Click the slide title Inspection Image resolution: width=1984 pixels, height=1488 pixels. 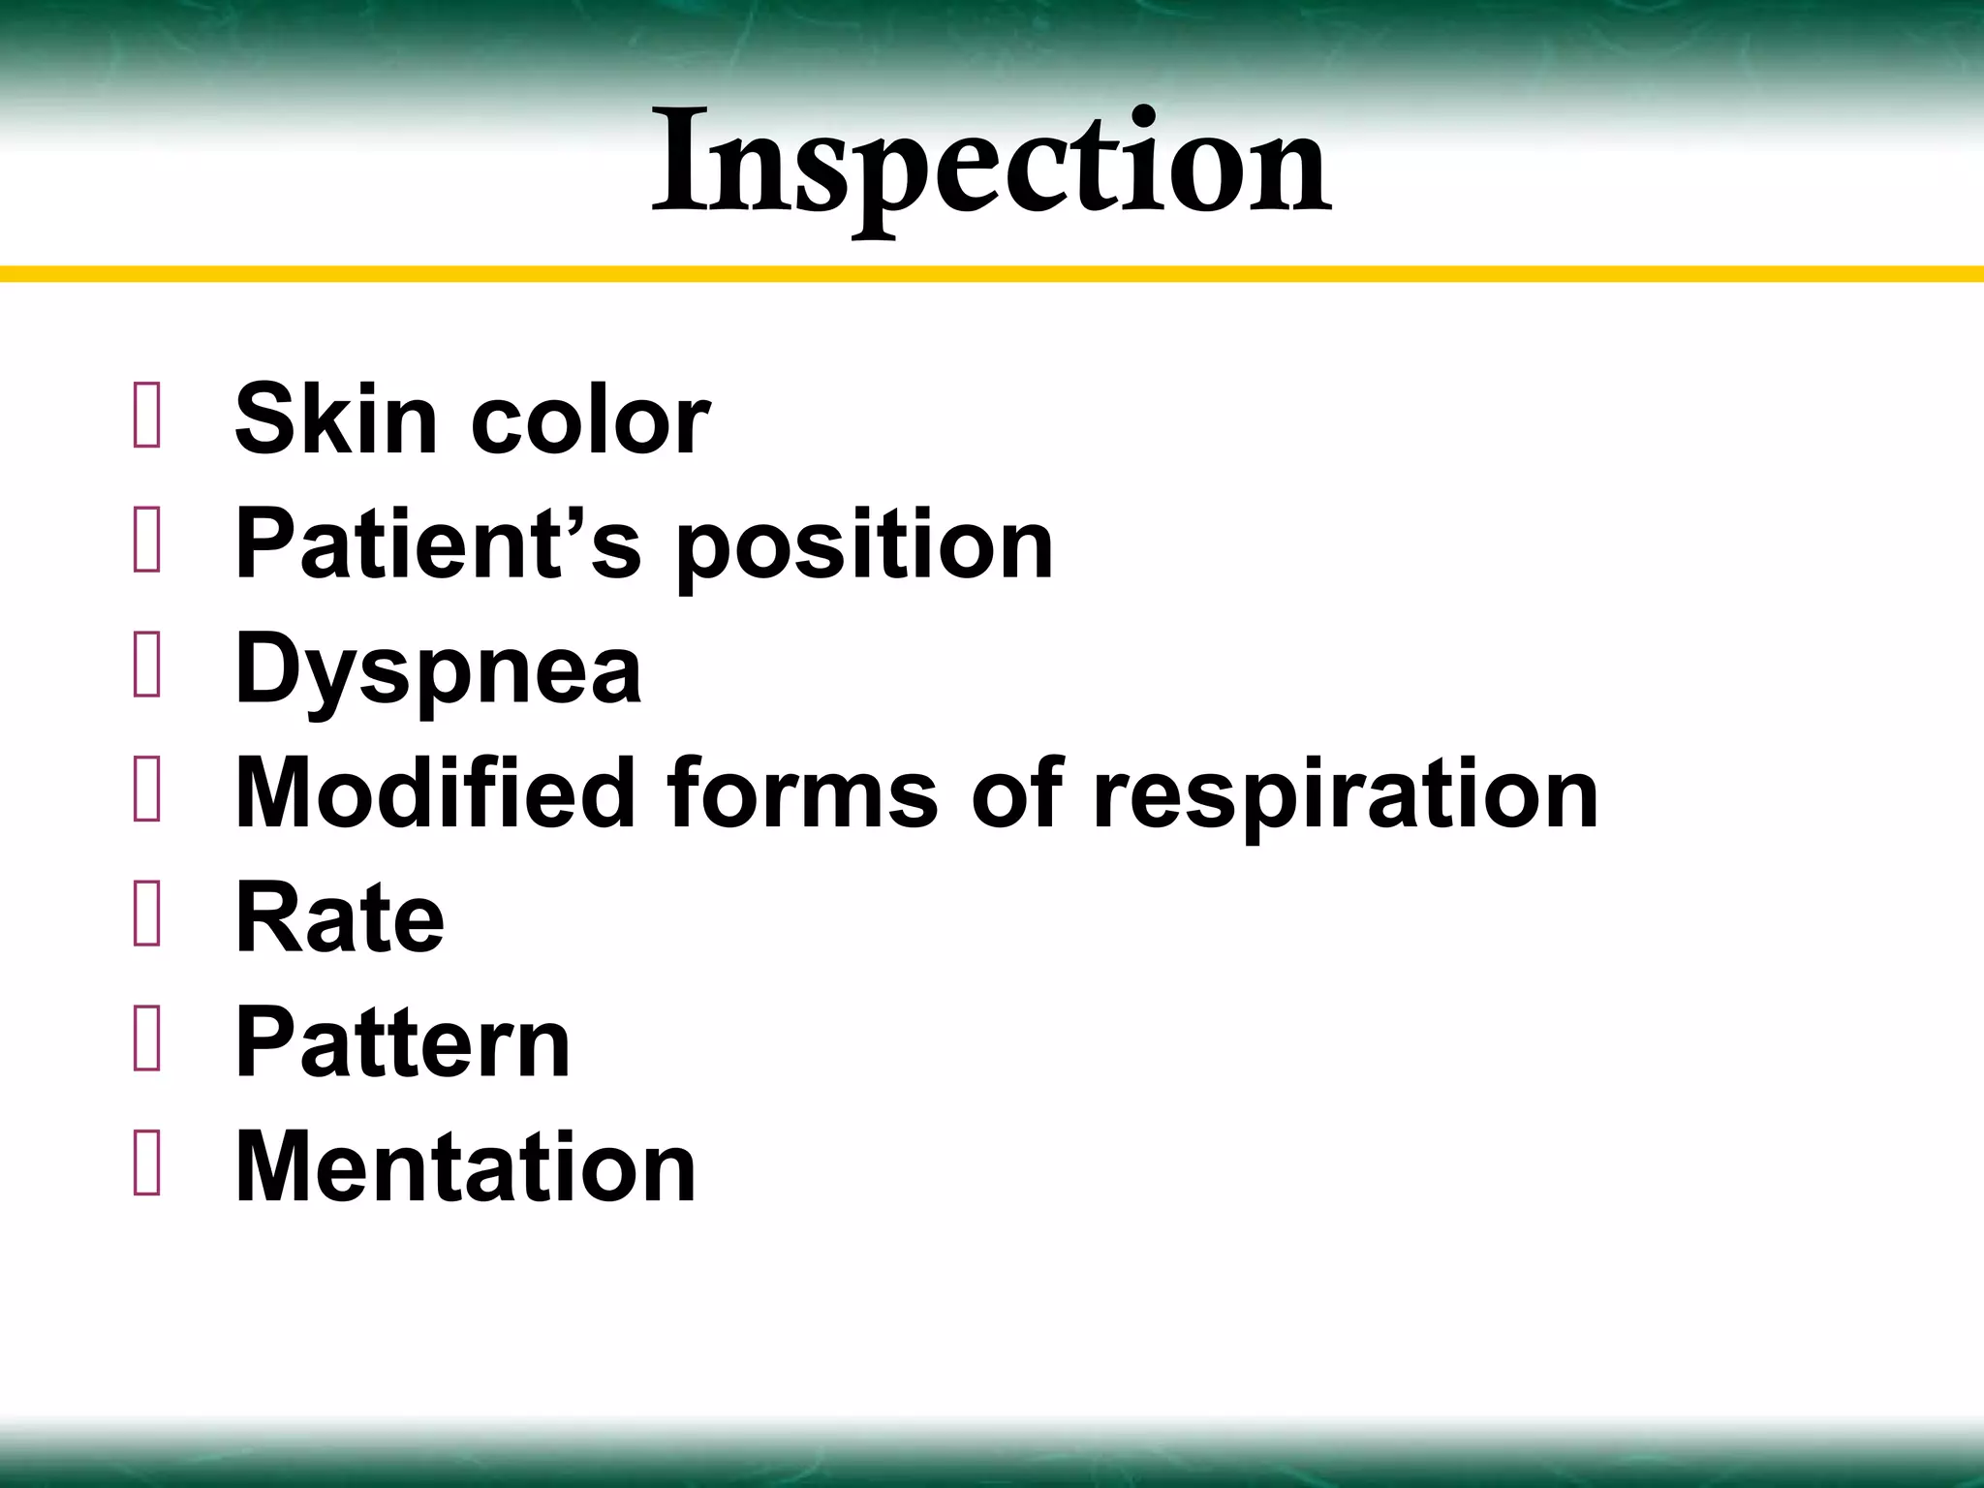coord(991,165)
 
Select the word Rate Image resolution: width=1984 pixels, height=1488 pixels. coord(340,917)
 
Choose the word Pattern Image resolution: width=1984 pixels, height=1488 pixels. coord(403,1042)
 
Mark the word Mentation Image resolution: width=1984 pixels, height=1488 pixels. coord(465,1166)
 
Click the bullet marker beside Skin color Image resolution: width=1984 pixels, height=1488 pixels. coord(147,419)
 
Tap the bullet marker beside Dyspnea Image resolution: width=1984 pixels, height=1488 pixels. coord(147,668)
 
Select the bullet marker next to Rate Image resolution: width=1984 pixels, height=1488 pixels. coord(147,917)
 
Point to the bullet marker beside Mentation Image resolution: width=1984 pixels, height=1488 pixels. coord(147,1166)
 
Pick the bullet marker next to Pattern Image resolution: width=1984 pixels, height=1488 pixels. coord(147,1042)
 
